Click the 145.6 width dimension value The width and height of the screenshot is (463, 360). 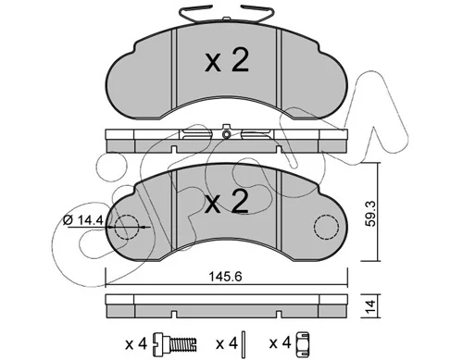pyautogui.click(x=225, y=277)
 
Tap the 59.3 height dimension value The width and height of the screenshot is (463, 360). pyautogui.click(x=370, y=214)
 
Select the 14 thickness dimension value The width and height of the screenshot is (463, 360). pyautogui.click(x=370, y=306)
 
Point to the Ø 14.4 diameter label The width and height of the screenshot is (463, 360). pyautogui.click(x=82, y=220)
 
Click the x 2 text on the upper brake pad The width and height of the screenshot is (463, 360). pyautogui.click(x=227, y=61)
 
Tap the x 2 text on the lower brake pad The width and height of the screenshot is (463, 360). pyautogui.click(x=227, y=202)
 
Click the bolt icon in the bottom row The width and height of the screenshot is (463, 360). pyautogui.click(x=175, y=342)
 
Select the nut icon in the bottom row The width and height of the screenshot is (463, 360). pyautogui.click(x=303, y=342)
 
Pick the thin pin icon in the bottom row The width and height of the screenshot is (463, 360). pyautogui.click(x=244, y=342)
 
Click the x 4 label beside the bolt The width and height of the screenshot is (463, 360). pyautogui.click(x=136, y=343)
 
